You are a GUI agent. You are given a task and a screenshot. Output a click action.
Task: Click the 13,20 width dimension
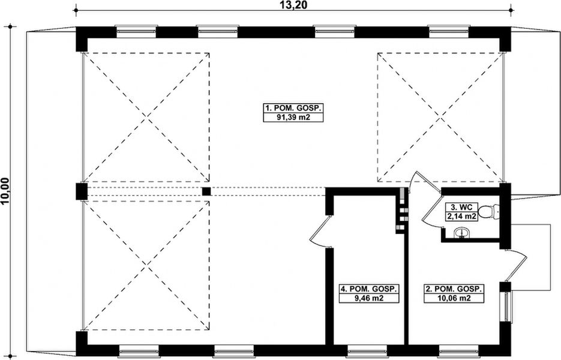click(x=293, y=5)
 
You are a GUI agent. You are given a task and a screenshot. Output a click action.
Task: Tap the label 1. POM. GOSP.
click(x=293, y=109)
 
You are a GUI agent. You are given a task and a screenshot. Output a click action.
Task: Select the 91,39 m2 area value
click(x=293, y=118)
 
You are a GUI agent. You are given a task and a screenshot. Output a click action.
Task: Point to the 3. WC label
click(x=460, y=208)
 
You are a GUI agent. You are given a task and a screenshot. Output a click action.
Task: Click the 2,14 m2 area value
click(x=460, y=217)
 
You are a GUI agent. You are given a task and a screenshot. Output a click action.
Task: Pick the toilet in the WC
click(x=491, y=211)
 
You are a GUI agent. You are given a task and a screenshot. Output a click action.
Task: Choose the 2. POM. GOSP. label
click(x=454, y=289)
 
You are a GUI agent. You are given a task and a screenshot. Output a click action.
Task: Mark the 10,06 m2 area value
click(x=454, y=298)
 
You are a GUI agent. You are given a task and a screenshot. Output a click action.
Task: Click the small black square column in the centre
click(x=206, y=191)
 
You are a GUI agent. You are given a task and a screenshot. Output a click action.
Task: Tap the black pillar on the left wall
click(x=81, y=191)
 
